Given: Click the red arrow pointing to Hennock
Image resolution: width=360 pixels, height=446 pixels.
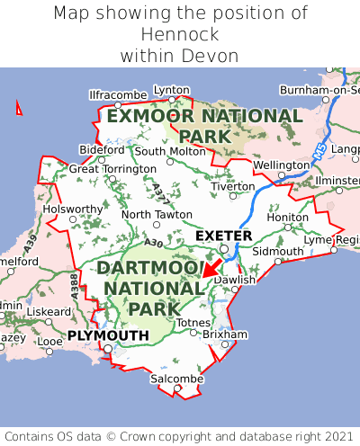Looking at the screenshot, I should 213,266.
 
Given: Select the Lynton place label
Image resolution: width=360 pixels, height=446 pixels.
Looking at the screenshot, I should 172,90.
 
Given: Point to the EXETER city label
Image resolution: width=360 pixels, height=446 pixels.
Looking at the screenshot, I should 224,236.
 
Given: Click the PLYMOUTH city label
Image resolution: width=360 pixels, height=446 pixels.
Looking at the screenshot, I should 108,335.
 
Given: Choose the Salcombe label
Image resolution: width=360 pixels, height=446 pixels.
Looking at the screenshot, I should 175,379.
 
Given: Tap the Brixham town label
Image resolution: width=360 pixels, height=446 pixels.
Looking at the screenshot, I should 225,334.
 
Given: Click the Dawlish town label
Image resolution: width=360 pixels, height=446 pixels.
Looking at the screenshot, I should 236,280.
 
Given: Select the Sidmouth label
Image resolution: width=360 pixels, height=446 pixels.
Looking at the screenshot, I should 276,251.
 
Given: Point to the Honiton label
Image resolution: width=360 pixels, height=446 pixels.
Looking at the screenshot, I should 288,217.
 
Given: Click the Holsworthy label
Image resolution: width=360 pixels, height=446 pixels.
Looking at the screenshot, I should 74,209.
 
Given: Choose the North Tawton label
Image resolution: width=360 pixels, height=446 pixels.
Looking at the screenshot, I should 157,215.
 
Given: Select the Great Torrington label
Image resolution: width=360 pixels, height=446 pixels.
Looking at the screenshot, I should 112,168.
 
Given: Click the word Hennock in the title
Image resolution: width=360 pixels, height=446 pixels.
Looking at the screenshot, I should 180,34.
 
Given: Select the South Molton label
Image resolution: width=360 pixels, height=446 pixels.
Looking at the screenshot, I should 170,151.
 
